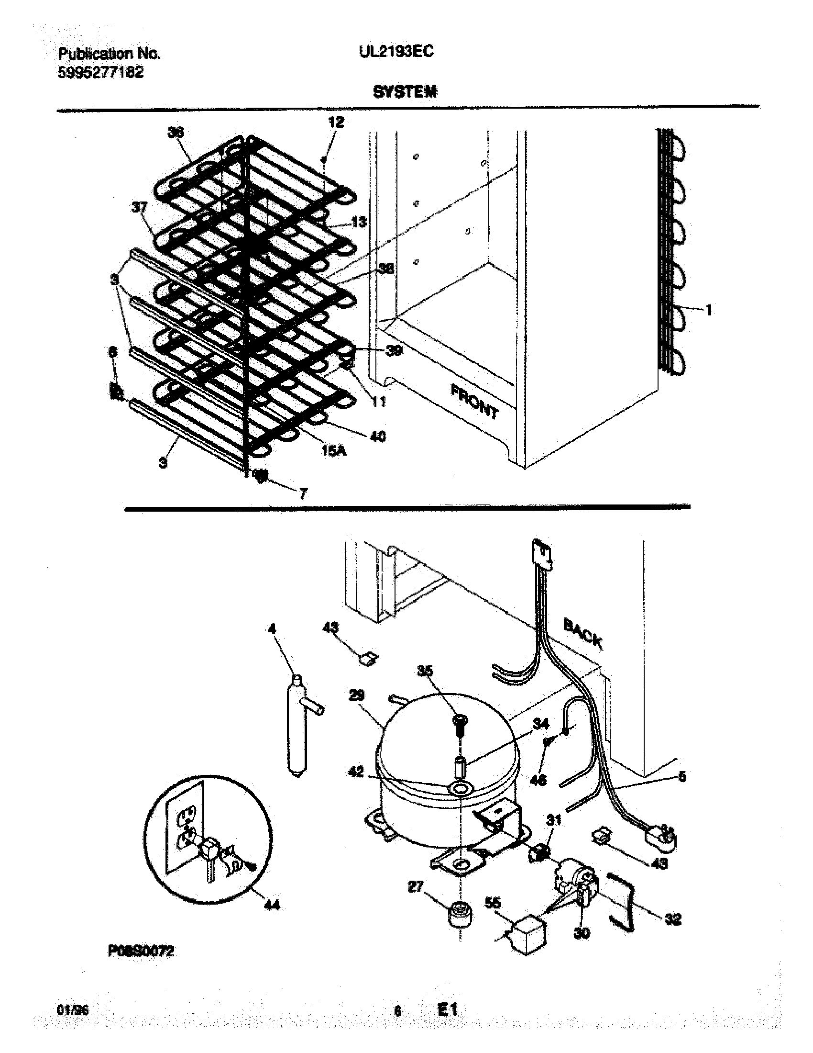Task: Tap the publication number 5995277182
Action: click(100, 73)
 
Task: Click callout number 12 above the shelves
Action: click(336, 122)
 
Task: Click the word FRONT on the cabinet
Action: click(474, 401)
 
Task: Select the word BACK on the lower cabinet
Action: click(582, 634)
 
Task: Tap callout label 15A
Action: click(334, 452)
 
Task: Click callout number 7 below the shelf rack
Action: click(303, 493)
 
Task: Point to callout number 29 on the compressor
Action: click(357, 696)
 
